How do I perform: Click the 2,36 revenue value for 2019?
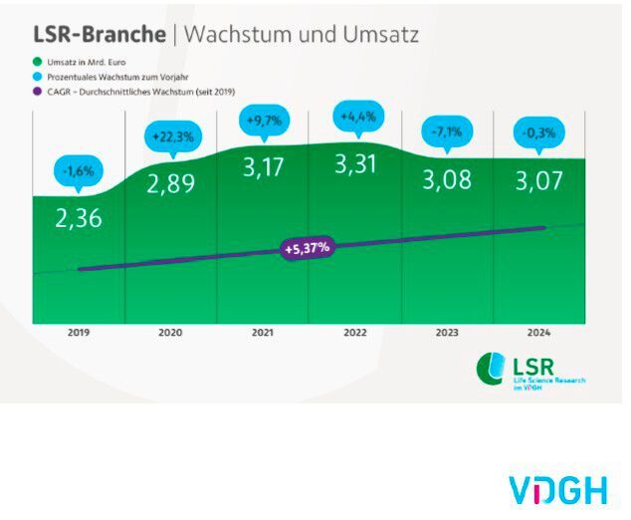point(80,218)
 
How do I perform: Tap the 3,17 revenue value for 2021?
point(264,167)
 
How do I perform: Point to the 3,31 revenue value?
point(356,164)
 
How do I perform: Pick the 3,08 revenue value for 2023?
point(448,180)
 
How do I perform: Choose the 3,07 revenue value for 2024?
point(539,180)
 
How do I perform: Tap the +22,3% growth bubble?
point(171,135)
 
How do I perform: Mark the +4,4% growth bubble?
point(356,117)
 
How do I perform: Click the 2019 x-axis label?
point(79,332)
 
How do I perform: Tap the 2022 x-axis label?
point(356,332)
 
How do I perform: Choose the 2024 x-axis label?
point(539,332)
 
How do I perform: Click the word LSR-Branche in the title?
point(101,34)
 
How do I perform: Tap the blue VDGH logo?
point(558,490)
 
